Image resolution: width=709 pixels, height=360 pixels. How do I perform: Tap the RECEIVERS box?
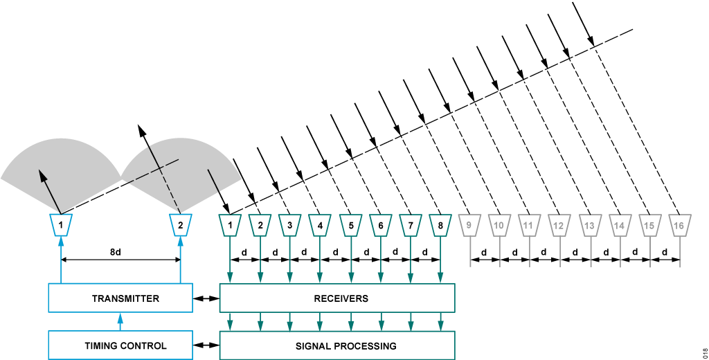point(336,298)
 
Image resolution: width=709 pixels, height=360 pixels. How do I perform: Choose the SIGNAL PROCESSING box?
point(336,345)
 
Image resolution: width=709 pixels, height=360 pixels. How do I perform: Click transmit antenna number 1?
point(61,224)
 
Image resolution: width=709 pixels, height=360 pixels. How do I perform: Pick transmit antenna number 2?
point(180,224)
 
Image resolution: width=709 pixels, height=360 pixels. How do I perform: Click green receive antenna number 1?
point(229,224)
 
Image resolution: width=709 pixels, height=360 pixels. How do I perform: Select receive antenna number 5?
point(351,224)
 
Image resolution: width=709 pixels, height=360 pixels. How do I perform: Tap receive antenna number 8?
point(440,224)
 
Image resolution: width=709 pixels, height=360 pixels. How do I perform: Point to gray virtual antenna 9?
point(469,224)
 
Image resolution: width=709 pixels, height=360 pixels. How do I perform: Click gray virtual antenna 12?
point(559,224)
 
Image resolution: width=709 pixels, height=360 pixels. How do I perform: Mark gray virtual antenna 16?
point(679,224)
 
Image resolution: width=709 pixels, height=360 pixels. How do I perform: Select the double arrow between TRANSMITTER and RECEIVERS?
point(206,298)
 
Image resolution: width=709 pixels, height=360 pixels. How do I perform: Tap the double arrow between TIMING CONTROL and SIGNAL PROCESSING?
point(206,345)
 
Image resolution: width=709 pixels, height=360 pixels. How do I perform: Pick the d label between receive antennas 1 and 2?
point(244,252)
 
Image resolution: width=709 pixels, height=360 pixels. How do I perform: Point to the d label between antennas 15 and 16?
point(664,252)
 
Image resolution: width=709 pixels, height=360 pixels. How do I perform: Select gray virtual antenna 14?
point(619,224)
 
